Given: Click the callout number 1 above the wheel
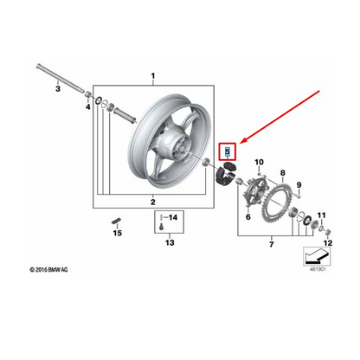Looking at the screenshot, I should coord(153,76).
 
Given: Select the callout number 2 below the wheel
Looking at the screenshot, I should coord(152,202).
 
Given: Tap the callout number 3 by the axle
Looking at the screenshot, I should coord(56,88).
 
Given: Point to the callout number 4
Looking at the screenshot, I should coord(87,110).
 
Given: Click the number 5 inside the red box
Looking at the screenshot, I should coord(228,151).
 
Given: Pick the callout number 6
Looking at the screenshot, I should coord(247,218).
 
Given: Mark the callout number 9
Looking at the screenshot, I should coord(299,185).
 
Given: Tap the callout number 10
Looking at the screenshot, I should coord(258,163).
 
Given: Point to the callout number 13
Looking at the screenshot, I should coord(170,243).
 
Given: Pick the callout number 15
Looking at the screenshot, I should coord(117,233).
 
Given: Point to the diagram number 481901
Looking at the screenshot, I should coord(318,268).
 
